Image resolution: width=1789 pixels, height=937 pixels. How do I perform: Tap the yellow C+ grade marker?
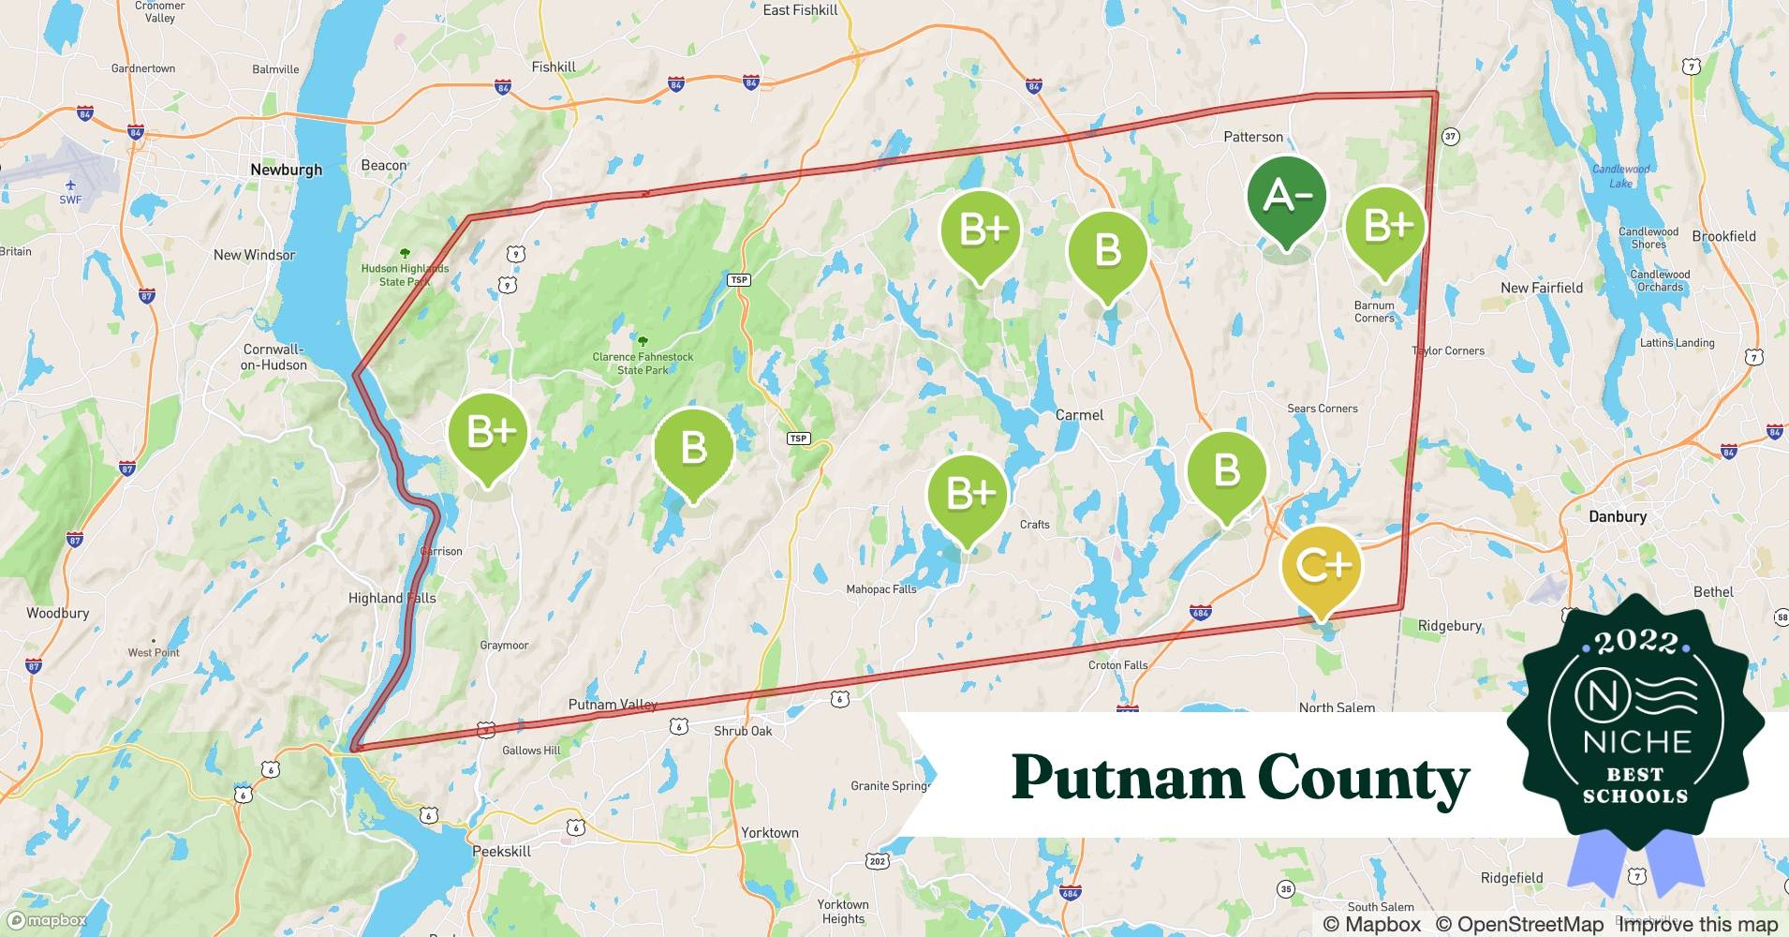[x=1321, y=566]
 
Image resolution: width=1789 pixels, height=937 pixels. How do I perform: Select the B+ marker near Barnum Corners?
[x=1385, y=227]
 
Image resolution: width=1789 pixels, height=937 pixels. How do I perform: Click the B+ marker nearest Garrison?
[x=488, y=433]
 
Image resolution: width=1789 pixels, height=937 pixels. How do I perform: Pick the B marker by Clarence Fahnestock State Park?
[x=693, y=448]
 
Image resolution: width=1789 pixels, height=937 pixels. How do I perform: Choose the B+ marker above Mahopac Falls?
[x=968, y=493]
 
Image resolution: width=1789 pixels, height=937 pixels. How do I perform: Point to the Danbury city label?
[x=1617, y=516]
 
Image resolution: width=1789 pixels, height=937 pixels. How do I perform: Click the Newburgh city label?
[x=286, y=170]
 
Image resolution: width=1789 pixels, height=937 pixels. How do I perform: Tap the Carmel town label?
[x=1079, y=414]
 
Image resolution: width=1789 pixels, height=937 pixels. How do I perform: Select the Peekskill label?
[x=501, y=851]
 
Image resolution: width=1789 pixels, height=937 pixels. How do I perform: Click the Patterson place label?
[x=1252, y=137]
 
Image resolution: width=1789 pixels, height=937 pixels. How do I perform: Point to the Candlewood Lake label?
[x=1620, y=175]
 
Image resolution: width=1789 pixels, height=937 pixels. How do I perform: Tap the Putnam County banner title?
[x=1240, y=778]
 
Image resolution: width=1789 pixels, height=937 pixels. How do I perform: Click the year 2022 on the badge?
[x=1635, y=642]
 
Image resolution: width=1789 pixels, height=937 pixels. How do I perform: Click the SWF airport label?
[x=70, y=199]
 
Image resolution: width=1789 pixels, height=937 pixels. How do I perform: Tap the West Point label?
[x=153, y=652]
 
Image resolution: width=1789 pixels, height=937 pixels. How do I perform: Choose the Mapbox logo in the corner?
[x=47, y=920]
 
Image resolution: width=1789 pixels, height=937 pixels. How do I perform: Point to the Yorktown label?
[x=769, y=832]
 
